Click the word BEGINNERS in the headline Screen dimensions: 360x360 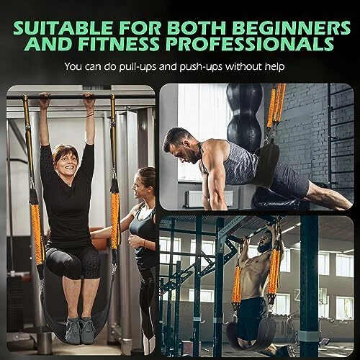click(x=292, y=28)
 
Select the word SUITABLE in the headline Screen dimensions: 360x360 click(x=63, y=28)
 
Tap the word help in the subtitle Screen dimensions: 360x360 click(x=274, y=66)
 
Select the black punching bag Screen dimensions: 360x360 click(x=244, y=117)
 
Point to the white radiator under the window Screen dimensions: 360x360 click(x=209, y=199)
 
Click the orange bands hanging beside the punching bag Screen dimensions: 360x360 click(x=276, y=108)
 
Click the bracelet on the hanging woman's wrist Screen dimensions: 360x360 click(x=91, y=114)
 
